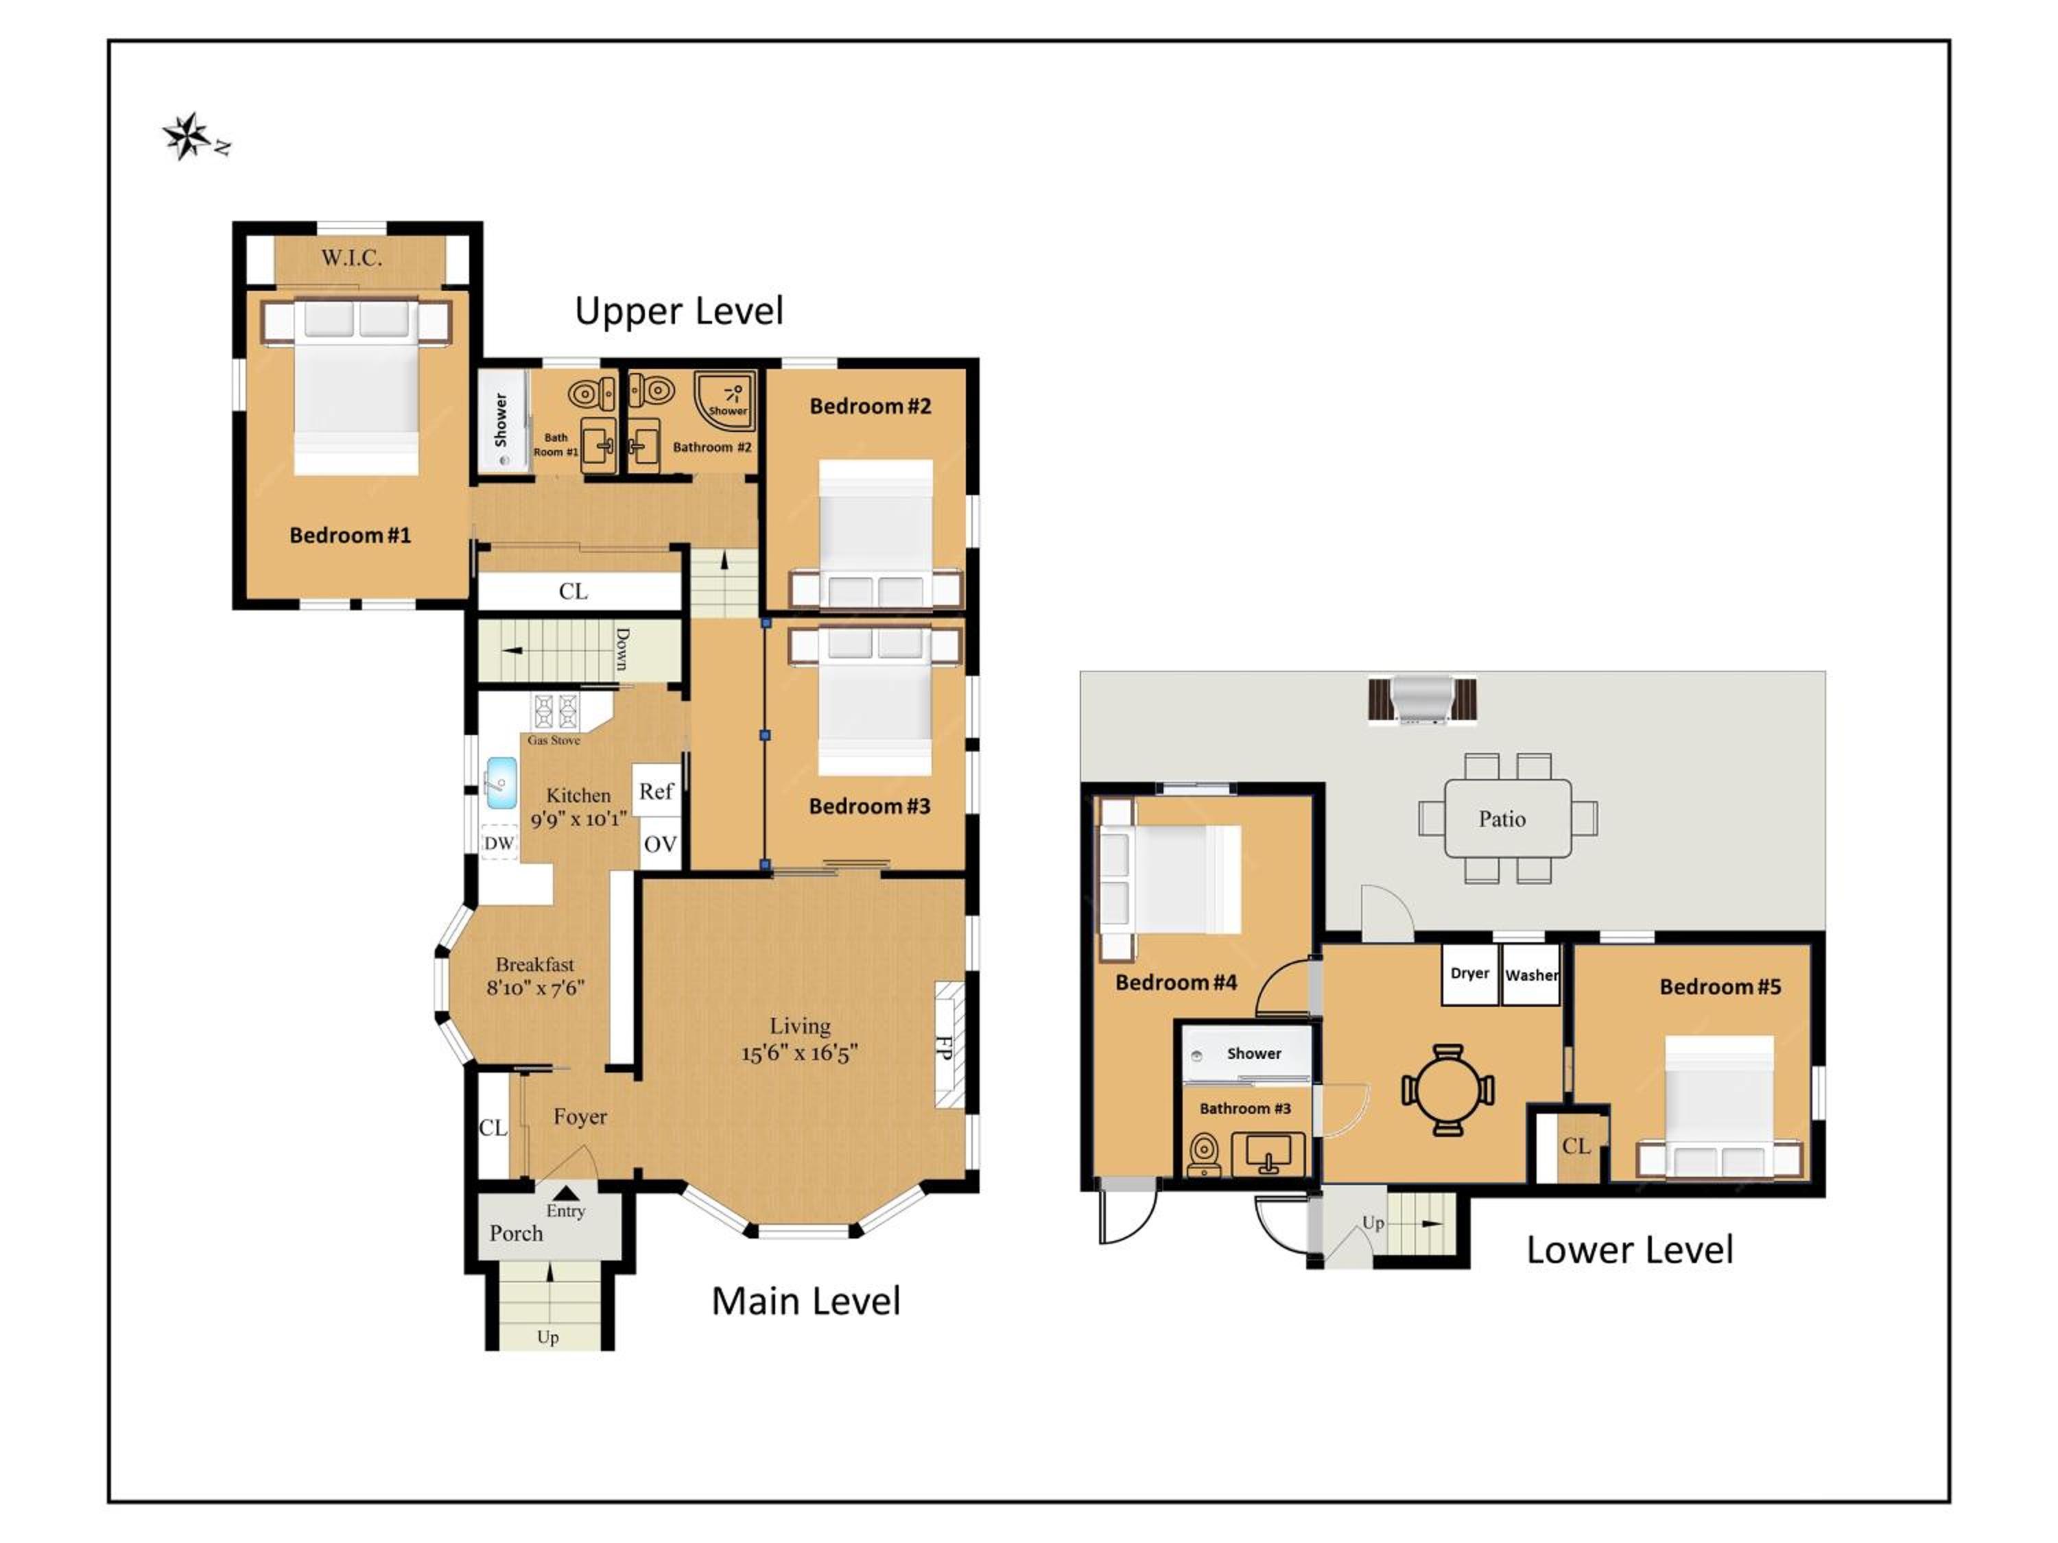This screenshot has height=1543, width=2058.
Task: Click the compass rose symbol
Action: pyautogui.click(x=189, y=136)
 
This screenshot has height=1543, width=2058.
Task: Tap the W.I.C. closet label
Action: pyautogui.click(x=352, y=258)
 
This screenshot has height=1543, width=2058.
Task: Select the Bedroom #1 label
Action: pyautogui.click(x=350, y=535)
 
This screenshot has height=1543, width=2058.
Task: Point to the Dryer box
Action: pyautogui.click(x=1470, y=974)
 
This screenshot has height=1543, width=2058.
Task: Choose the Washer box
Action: pyautogui.click(x=1531, y=974)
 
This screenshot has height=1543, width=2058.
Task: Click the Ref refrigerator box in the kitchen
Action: pyautogui.click(x=656, y=791)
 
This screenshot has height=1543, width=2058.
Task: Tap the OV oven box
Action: pyautogui.click(x=660, y=844)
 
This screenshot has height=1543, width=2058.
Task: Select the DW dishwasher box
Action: pyautogui.click(x=499, y=843)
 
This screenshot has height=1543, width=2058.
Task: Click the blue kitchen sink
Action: pyautogui.click(x=501, y=782)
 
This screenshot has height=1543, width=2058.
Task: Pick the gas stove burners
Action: pyautogui.click(x=556, y=712)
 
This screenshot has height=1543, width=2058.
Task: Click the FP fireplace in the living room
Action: pyautogui.click(x=948, y=1045)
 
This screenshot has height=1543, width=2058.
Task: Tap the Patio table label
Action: pyautogui.click(x=1502, y=818)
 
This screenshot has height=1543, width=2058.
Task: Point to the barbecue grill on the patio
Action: pyautogui.click(x=1421, y=699)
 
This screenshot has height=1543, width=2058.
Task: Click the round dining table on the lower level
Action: pyautogui.click(x=1447, y=1090)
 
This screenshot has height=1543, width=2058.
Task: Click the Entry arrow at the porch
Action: pyautogui.click(x=566, y=1193)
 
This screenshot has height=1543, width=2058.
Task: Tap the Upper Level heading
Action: pyautogui.click(x=679, y=311)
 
